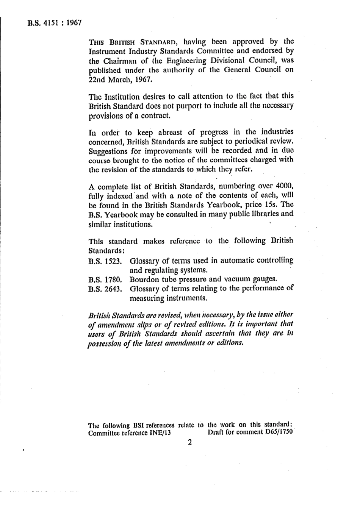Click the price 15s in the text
pos(259,205)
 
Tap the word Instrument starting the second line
pos(108,51)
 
